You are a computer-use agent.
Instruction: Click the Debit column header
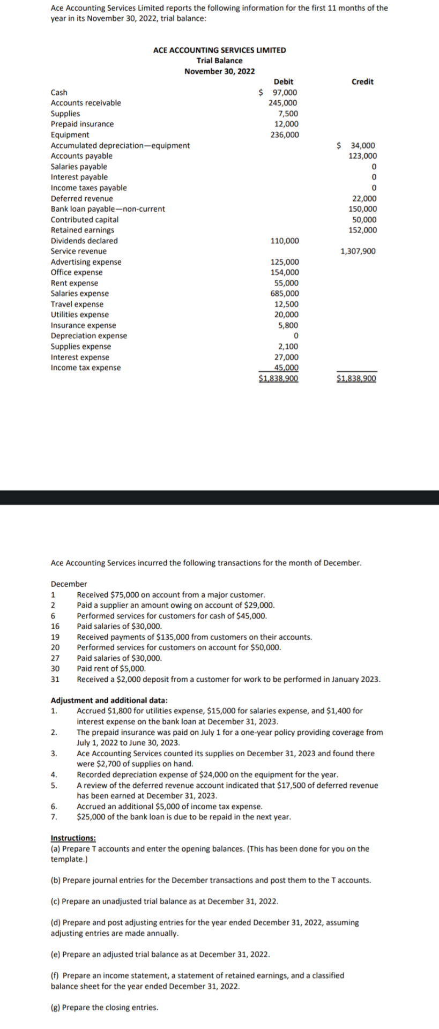click(283, 82)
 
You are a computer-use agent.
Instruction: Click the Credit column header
click(362, 82)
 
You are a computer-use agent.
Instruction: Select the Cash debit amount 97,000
click(284, 93)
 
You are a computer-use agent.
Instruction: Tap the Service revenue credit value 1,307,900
click(358, 251)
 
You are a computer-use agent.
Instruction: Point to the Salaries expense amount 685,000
click(285, 294)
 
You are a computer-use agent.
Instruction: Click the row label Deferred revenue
click(81, 199)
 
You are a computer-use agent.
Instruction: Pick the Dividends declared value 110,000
click(285, 241)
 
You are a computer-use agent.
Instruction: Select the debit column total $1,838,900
click(279, 379)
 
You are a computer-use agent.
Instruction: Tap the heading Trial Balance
click(219, 61)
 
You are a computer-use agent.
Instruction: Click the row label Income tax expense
click(85, 368)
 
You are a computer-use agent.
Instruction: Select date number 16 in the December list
click(55, 627)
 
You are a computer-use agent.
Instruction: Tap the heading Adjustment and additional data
click(109, 700)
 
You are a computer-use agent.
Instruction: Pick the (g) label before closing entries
click(55, 1008)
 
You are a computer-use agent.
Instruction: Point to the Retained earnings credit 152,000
click(362, 230)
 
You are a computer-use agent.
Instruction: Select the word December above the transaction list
click(69, 584)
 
